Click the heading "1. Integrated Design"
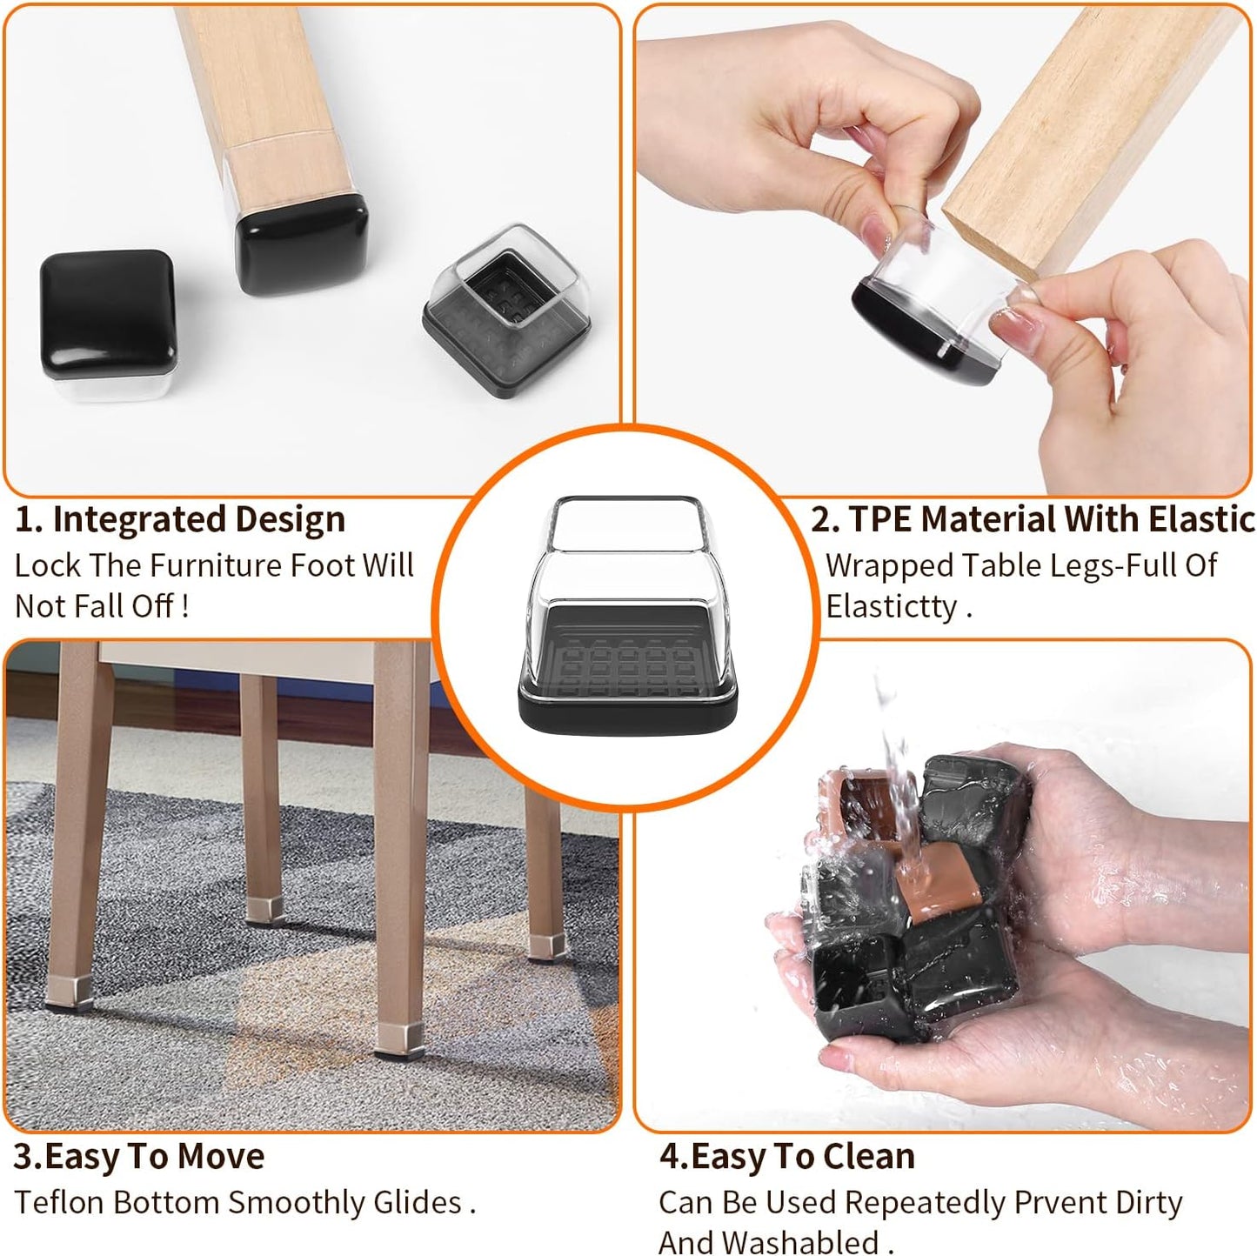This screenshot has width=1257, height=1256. [180, 519]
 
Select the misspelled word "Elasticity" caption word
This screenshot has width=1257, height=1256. [891, 605]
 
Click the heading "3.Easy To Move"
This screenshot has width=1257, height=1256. [138, 1156]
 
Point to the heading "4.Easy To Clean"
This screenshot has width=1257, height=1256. [786, 1156]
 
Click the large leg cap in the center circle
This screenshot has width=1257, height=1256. [627, 618]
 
